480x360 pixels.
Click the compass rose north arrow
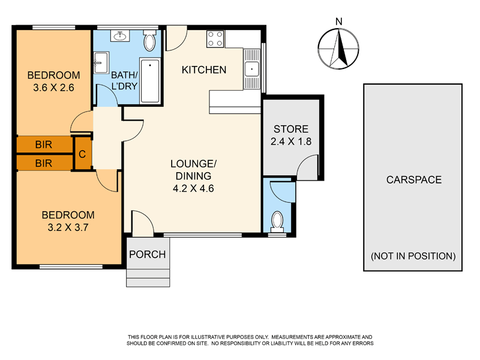[x=340, y=49]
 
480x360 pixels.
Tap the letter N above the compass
[x=339, y=22]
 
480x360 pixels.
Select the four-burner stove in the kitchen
[x=215, y=39]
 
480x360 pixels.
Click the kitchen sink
[x=251, y=67]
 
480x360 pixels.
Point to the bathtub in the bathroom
[x=149, y=81]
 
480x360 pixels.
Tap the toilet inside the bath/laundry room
[x=149, y=41]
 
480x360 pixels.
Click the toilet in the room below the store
[x=278, y=221]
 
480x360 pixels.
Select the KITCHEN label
[x=204, y=70]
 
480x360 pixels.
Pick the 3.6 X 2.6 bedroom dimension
[x=53, y=86]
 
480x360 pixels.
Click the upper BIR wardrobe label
[x=43, y=145]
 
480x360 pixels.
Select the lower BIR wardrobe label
[x=43, y=163]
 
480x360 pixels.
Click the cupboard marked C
[x=82, y=154]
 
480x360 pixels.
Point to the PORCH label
[x=148, y=254]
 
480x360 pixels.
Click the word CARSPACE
[x=413, y=179]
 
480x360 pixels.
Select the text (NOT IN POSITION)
[x=413, y=256]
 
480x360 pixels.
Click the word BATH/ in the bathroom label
[x=125, y=75]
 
